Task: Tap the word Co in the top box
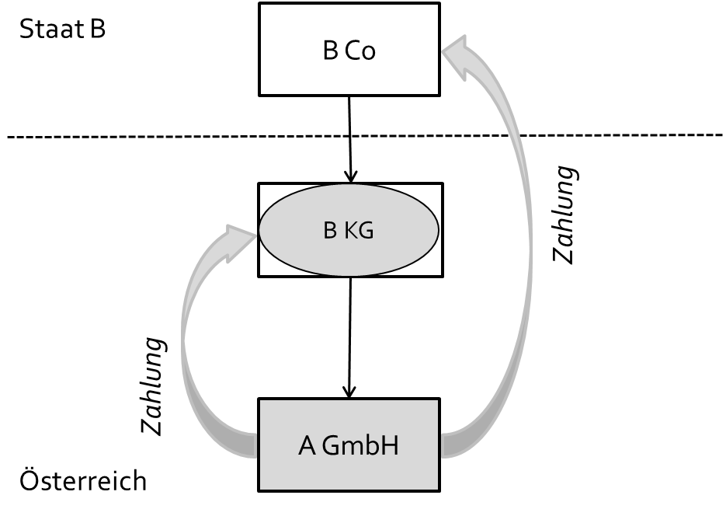360,51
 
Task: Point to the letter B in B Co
330,51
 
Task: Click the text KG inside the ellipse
359,231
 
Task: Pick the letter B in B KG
329,231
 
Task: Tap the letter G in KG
365,231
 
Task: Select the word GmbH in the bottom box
360,447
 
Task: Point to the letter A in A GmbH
307,447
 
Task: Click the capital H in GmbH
390,447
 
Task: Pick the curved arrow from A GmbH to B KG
186,342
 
